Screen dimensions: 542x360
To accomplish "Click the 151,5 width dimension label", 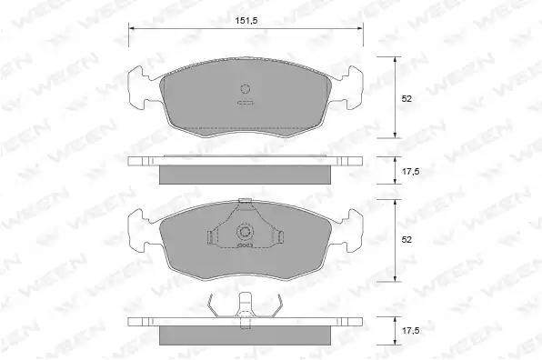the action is (246, 21).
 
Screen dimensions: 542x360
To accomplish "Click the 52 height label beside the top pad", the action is (406, 99).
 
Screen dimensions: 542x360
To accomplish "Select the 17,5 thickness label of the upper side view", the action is (411, 171).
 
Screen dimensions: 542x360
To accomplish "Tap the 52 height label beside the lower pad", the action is (406, 239).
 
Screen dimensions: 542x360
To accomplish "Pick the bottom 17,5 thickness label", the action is (411, 331).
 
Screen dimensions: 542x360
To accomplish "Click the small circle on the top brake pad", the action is (245, 89).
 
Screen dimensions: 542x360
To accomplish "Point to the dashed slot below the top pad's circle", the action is (246, 103).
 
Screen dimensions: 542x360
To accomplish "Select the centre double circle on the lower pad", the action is (245, 232).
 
